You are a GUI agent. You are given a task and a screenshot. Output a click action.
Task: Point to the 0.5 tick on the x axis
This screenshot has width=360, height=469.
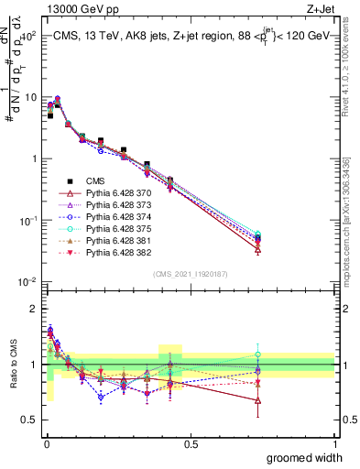[x=191, y=444]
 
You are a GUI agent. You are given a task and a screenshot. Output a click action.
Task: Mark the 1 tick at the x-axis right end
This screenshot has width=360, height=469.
[x=334, y=444]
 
